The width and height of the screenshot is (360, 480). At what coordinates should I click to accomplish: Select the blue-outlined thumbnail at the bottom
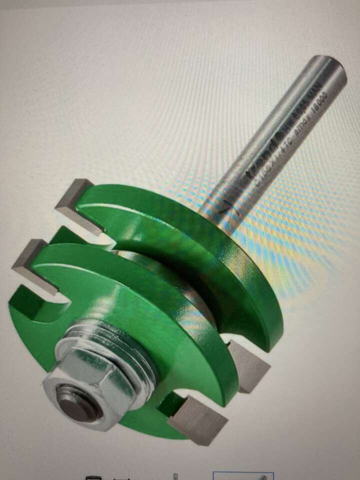coord(243,475)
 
